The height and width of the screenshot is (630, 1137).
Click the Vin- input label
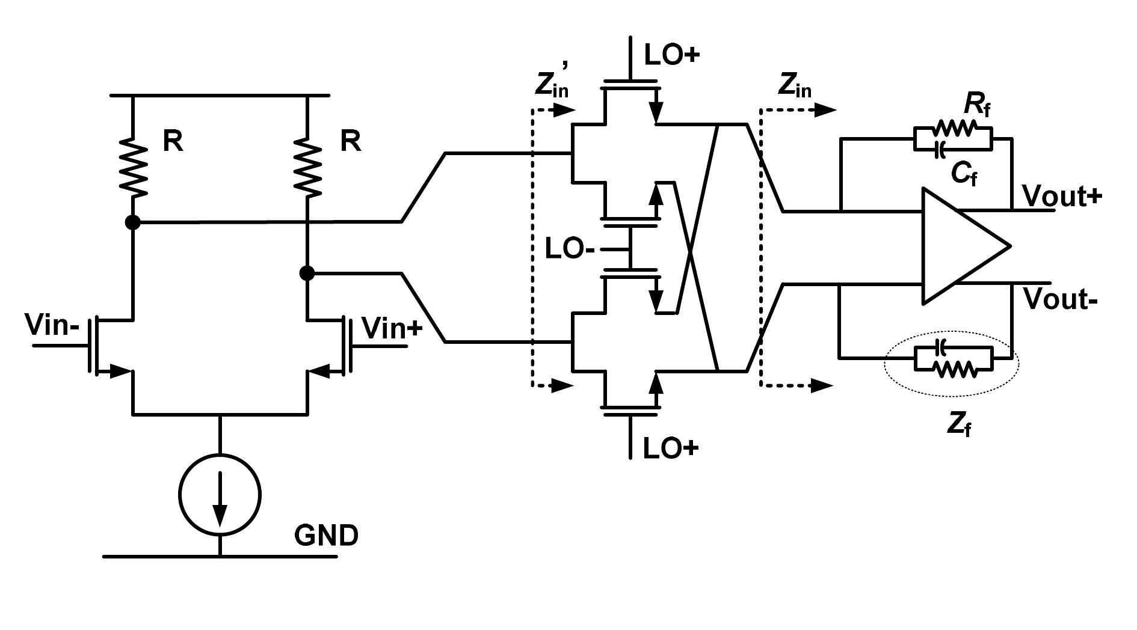coord(52,325)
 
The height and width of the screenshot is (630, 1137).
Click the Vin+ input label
coord(392,328)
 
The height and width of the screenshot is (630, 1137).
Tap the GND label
coord(326,535)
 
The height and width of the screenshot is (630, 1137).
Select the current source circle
coord(220,494)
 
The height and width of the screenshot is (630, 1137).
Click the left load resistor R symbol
coord(132,167)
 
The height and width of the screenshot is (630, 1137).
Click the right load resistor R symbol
coord(307,167)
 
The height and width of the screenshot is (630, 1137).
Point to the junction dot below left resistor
coord(132,222)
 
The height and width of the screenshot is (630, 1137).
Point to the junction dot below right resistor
coord(307,274)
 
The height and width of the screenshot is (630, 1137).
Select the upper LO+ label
coord(672,55)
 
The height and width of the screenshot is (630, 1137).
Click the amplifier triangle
coord(960,246)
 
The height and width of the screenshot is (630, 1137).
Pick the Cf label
coord(964,174)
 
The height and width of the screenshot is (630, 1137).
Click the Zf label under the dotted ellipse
coord(959,424)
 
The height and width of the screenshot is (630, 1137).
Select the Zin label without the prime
coord(794,86)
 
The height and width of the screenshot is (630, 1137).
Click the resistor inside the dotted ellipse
coord(954,370)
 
